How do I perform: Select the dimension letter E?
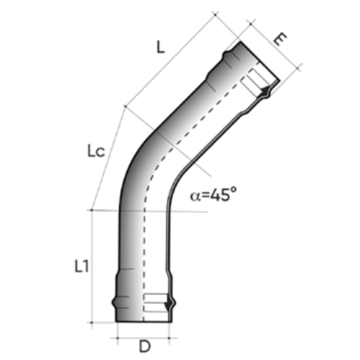(x=280, y=39)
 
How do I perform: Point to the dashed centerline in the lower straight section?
(x=141, y=259)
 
